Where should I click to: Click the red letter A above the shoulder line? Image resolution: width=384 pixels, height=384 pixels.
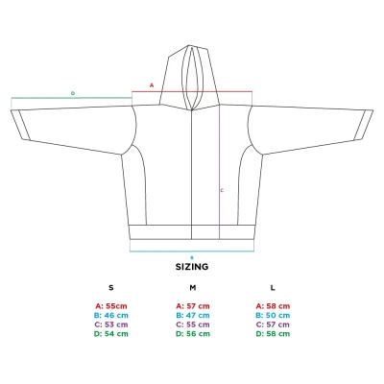[152, 85]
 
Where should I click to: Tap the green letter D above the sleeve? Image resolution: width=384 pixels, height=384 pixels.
[73, 93]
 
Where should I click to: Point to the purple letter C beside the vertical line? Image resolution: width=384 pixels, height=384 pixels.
[222, 190]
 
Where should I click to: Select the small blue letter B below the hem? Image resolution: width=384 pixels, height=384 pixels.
[192, 257]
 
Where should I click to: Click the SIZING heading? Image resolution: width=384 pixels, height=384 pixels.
[192, 267]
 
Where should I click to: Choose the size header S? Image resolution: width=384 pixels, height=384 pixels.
[111, 288]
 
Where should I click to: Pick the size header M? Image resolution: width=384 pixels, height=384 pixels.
[192, 288]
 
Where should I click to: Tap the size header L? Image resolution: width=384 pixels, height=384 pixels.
[273, 288]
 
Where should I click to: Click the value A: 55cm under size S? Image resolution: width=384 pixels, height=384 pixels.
[111, 306]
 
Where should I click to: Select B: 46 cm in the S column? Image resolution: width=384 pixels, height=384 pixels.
[111, 315]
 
